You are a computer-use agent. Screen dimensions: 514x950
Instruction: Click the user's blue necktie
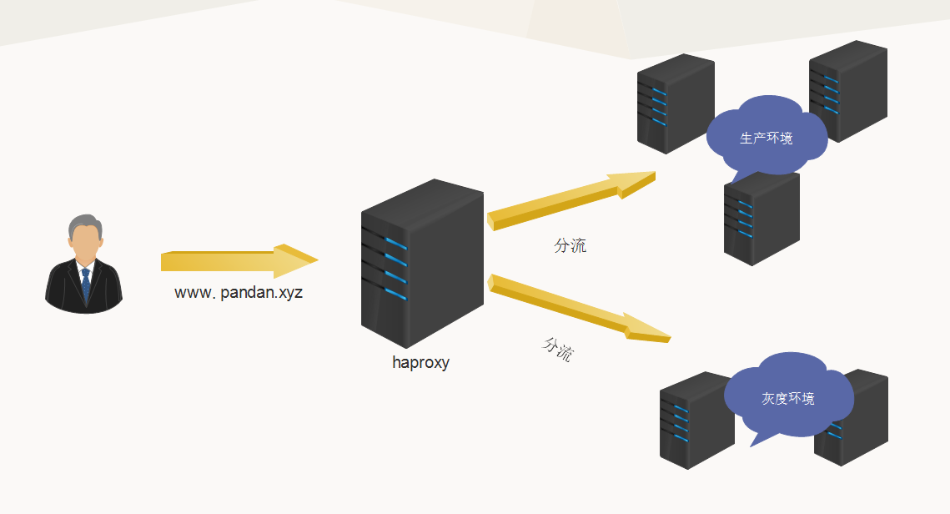coord(85,284)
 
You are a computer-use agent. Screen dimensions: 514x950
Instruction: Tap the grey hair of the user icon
coord(83,223)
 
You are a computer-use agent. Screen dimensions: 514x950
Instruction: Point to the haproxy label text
coord(420,362)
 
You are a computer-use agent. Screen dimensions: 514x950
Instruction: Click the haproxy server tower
coord(422,263)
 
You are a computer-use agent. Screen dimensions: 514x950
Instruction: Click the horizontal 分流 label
coord(570,245)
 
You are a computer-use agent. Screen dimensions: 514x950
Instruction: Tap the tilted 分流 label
coord(558,349)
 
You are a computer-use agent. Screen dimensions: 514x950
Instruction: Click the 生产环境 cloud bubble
coord(767,137)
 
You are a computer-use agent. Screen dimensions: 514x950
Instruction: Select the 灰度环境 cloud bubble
coord(788,397)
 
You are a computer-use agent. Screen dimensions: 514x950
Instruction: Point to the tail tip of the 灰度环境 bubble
coord(751,446)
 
